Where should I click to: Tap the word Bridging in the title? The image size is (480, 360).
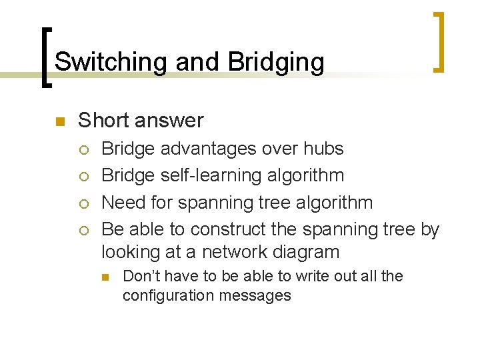pyautogui.click(x=276, y=62)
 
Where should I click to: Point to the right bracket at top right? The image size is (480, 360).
pyautogui.click(x=438, y=41)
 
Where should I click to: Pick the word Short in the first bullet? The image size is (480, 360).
pyautogui.click(x=103, y=121)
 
